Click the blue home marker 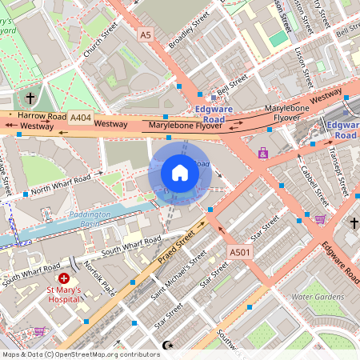coord(180,173)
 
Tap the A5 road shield coord(145,35)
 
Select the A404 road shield coord(80,117)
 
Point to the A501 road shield coord(239,252)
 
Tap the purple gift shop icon coord(262,153)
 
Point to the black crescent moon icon coord(167,345)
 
